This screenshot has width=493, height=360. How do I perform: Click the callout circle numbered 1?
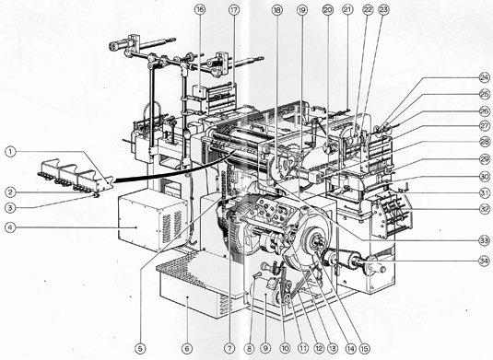(x=10, y=152)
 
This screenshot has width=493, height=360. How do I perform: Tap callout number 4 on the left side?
(x=10, y=227)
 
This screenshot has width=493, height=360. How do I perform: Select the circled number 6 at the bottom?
(x=187, y=348)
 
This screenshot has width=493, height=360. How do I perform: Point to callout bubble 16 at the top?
(x=200, y=10)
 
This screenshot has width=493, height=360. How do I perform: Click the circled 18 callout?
(x=276, y=10)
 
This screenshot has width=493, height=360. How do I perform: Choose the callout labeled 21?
(x=347, y=10)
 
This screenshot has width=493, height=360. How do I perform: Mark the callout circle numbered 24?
(x=485, y=77)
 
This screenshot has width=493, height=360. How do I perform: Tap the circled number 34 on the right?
(x=485, y=261)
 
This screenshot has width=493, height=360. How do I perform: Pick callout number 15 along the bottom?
(x=365, y=348)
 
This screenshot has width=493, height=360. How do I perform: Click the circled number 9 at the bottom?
(x=265, y=348)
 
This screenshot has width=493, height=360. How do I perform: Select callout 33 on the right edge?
(x=485, y=241)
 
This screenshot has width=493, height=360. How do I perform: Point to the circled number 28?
(x=485, y=142)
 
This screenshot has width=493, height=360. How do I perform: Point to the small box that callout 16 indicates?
(x=200, y=91)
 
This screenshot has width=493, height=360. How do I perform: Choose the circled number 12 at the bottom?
(x=319, y=348)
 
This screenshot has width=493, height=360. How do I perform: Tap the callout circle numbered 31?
(x=485, y=192)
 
